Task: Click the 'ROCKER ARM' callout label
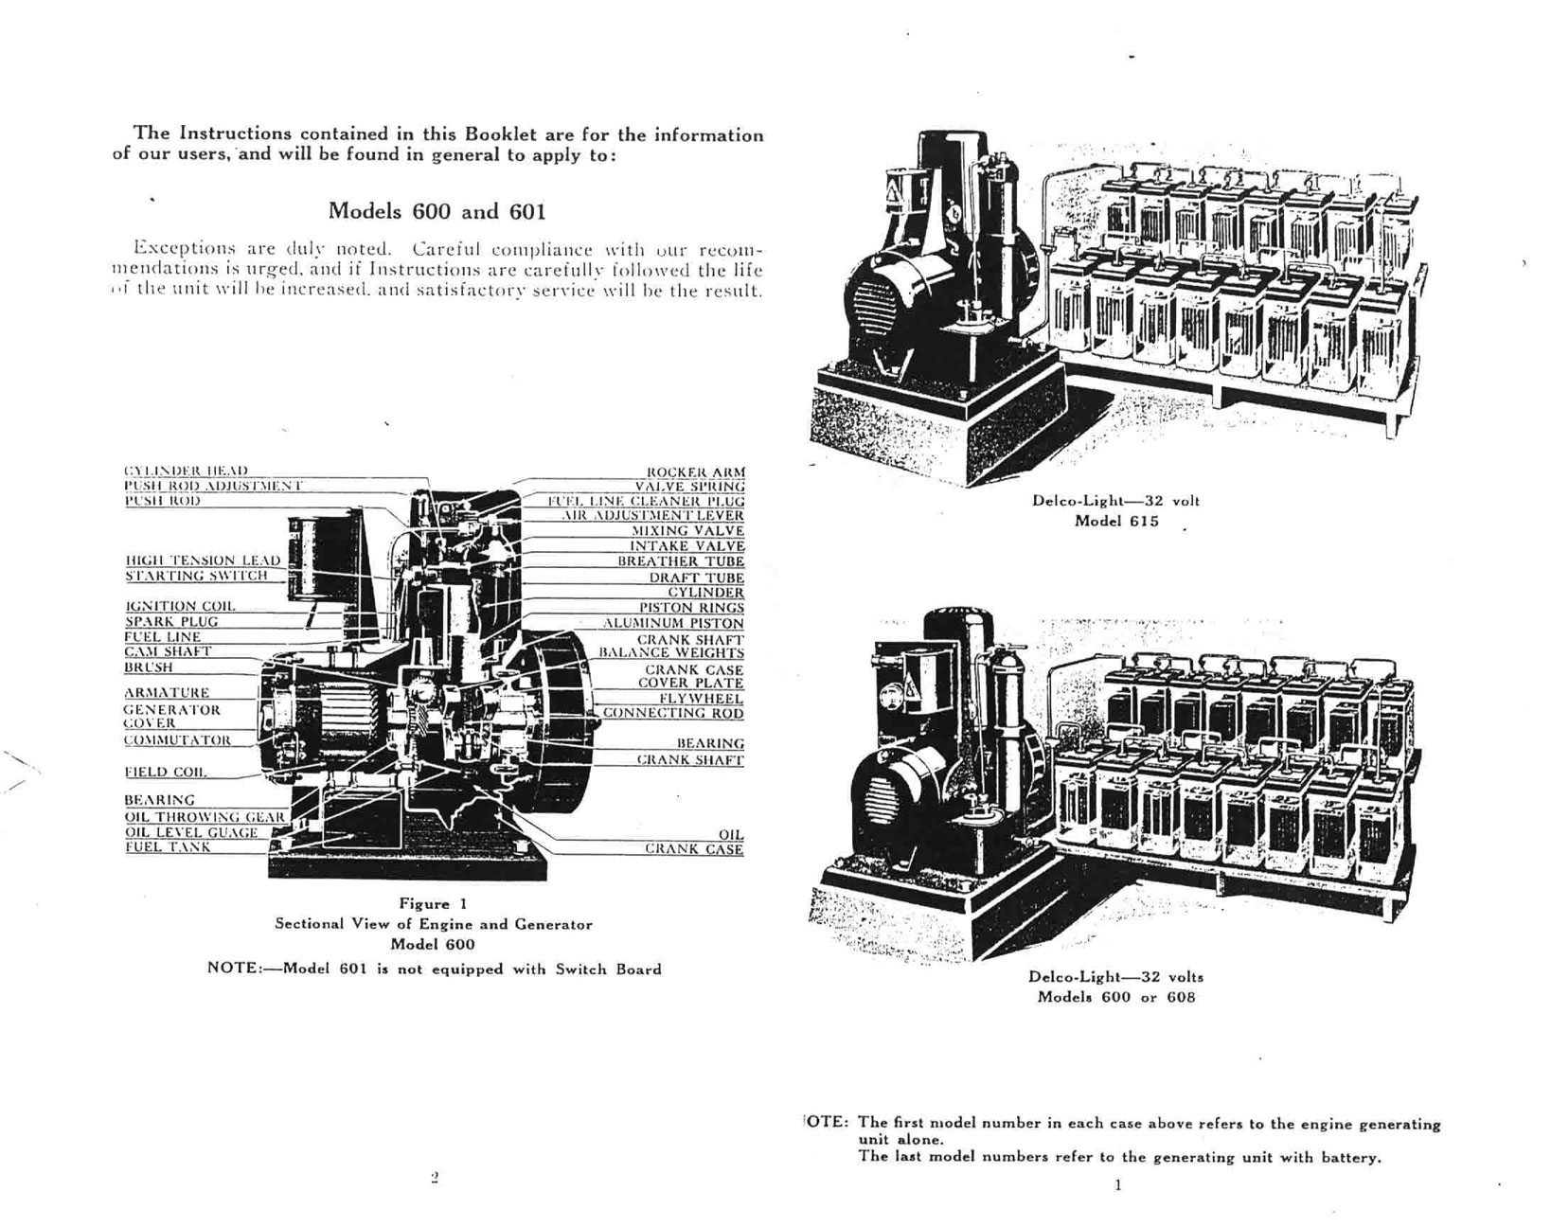pyautogui.click(x=695, y=471)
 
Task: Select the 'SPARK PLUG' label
pyautogui.click(x=171, y=622)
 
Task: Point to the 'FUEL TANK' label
pyautogui.click(x=168, y=847)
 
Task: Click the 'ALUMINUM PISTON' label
pyautogui.click(x=673, y=624)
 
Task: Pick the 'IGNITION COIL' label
pyautogui.click(x=180, y=606)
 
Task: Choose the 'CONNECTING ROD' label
pyautogui.click(x=673, y=713)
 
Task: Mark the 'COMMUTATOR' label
pyautogui.click(x=177, y=739)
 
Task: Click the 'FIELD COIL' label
pyautogui.click(x=166, y=772)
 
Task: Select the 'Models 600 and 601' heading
pyautogui.click(x=437, y=210)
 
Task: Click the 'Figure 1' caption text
pyautogui.click(x=433, y=904)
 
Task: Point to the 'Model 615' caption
pyautogui.click(x=1115, y=522)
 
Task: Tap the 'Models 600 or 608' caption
pyautogui.click(x=1115, y=997)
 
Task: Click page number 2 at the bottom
pyautogui.click(x=435, y=1178)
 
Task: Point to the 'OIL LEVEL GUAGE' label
pyautogui.click(x=191, y=832)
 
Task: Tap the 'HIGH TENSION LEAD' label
pyautogui.click(x=203, y=560)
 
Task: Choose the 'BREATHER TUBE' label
pyautogui.click(x=681, y=561)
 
